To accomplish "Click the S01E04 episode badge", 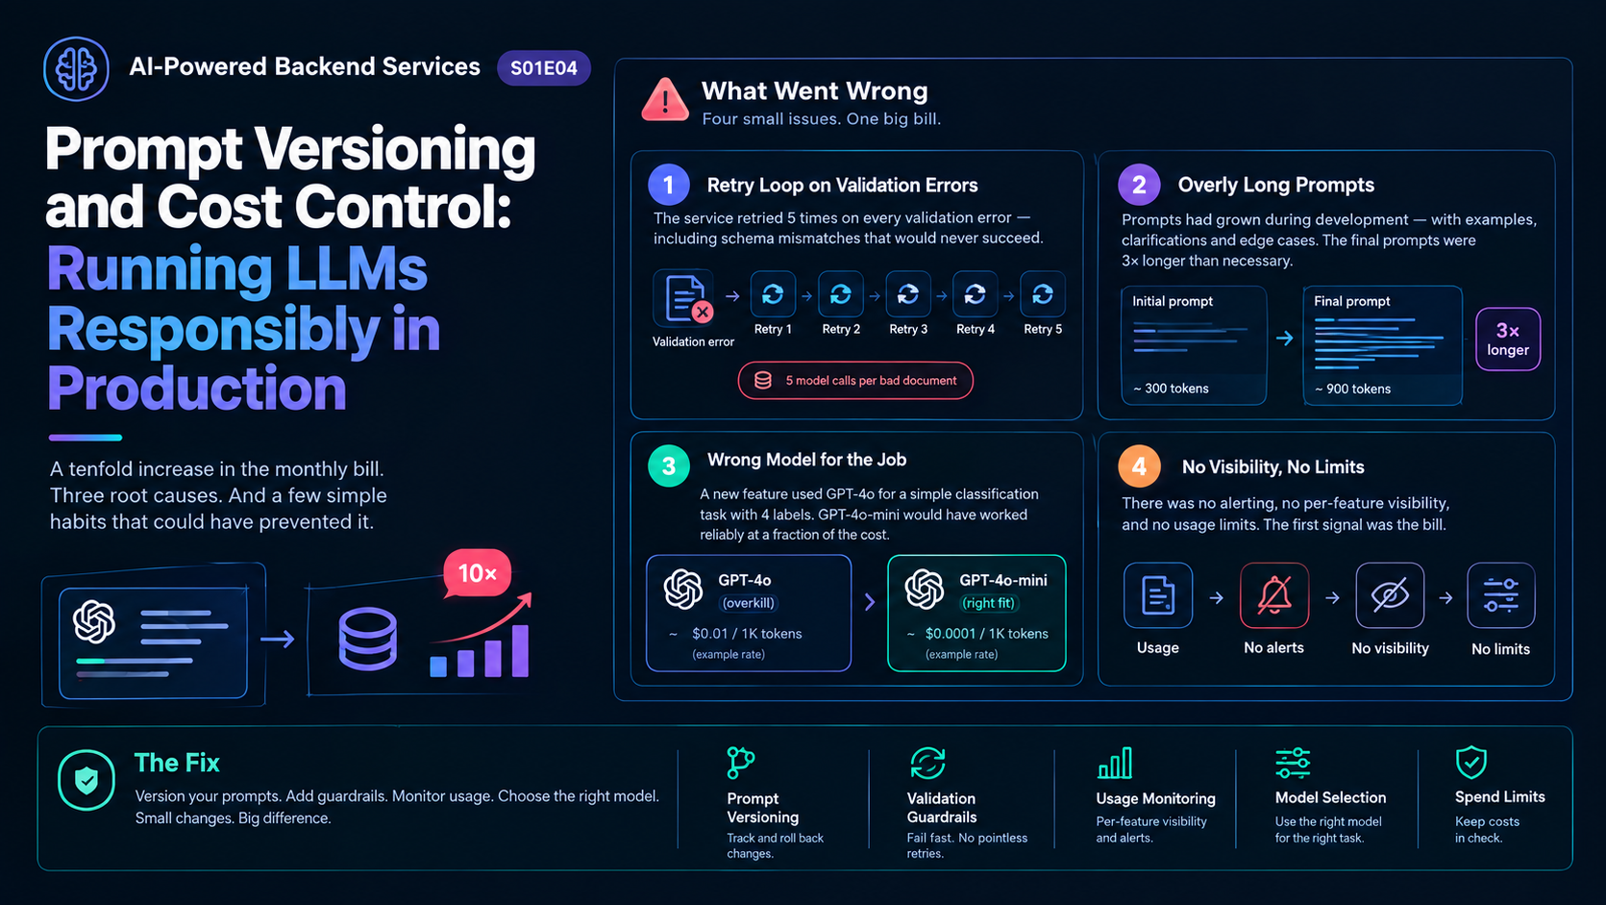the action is (x=543, y=68).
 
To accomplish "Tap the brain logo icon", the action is (x=76, y=69).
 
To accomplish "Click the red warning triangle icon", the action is (x=665, y=99).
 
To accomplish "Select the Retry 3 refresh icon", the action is (x=907, y=294).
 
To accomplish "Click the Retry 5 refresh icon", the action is (x=1043, y=294).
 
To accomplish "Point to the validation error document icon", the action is (x=685, y=297).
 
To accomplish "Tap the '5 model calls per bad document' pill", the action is (x=855, y=381).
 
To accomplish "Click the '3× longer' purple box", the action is (x=1508, y=339).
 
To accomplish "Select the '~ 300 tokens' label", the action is (x=1171, y=389).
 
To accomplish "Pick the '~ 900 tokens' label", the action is (x=1352, y=389).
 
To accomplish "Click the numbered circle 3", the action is (x=669, y=466).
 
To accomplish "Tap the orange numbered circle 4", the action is (x=1139, y=466).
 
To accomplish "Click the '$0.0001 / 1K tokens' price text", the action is (x=986, y=634).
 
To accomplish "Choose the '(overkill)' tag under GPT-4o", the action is (x=748, y=603).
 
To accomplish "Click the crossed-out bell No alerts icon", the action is (x=1274, y=595).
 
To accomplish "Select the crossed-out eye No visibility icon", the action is (x=1390, y=595).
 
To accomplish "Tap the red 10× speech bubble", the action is (x=478, y=573).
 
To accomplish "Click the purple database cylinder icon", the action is (x=367, y=639).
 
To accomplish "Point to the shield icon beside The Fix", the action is (x=86, y=780).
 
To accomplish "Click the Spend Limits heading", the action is (x=1500, y=796).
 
